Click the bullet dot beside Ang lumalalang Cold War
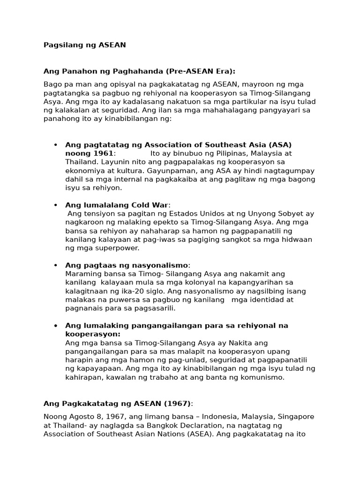pyautogui.click(x=55, y=205)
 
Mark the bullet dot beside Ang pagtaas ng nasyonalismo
pyautogui.click(x=55, y=265)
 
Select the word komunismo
pyautogui.click(x=264, y=377)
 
